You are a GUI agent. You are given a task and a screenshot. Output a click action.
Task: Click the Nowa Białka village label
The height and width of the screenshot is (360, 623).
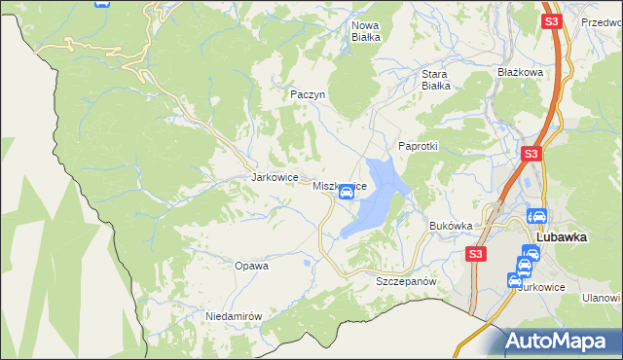click(x=365, y=31)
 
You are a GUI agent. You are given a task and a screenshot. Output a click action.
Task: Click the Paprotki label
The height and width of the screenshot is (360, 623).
click(x=419, y=146)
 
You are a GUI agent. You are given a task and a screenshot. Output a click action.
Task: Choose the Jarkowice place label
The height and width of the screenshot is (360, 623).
click(x=273, y=178)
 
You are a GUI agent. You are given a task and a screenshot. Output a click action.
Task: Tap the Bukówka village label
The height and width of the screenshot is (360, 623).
click(x=451, y=226)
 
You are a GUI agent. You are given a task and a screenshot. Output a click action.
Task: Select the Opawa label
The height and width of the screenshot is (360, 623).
click(x=251, y=265)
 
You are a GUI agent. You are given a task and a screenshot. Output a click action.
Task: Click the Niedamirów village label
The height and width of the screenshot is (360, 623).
click(x=235, y=316)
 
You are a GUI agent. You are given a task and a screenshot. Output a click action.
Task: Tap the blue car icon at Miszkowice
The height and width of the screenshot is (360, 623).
click(x=346, y=193)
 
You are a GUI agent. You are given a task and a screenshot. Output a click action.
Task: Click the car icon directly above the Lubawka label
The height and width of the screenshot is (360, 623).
click(x=536, y=217)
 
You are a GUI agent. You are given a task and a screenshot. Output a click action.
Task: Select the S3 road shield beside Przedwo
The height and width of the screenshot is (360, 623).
click(x=551, y=21)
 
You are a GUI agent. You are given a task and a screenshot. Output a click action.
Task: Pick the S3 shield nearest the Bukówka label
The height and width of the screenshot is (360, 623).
click(x=474, y=254)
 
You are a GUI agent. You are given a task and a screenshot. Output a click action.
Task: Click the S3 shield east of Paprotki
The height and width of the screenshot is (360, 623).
click(x=531, y=154)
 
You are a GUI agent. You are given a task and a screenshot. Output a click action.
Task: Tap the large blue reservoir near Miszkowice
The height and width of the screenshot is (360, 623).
click(x=375, y=199)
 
